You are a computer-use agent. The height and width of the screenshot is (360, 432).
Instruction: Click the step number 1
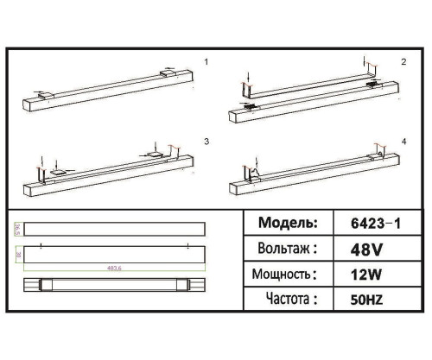(x=206, y=63)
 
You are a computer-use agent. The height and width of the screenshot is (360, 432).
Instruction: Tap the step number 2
(x=403, y=63)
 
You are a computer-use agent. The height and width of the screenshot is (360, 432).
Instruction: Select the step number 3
(x=206, y=140)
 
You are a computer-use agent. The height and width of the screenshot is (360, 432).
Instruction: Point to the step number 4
(x=403, y=140)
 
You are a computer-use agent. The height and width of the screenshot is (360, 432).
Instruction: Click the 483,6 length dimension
(x=113, y=267)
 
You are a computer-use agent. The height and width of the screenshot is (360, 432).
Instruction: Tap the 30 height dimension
(x=17, y=256)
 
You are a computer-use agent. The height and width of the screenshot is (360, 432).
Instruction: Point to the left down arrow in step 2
(x=248, y=80)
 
